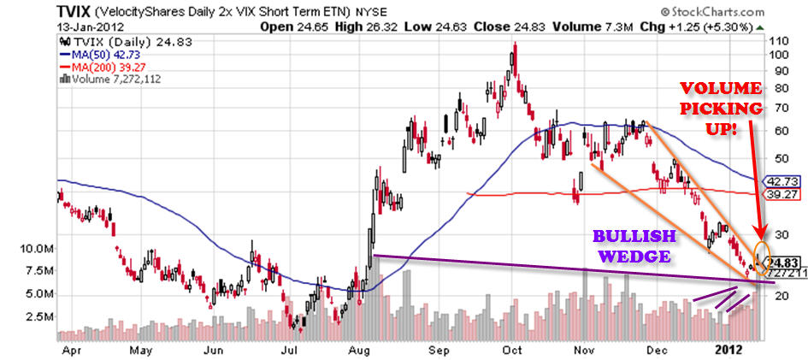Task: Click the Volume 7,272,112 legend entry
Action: [x=110, y=80]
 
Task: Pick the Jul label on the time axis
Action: [x=290, y=351]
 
